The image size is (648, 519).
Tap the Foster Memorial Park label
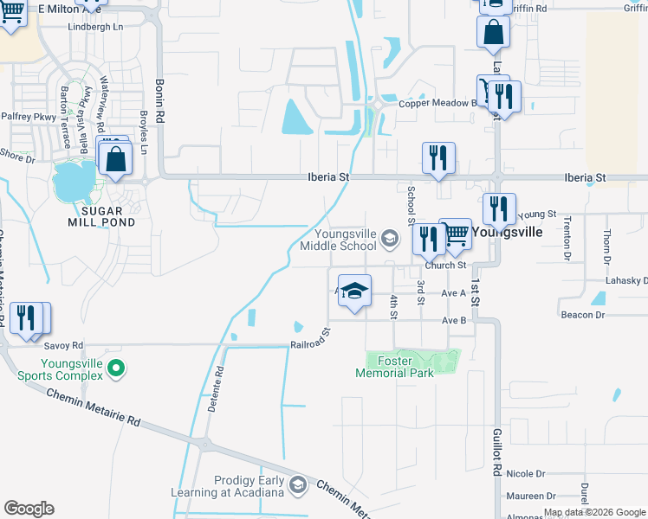[394, 367]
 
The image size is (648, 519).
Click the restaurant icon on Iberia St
[438, 160]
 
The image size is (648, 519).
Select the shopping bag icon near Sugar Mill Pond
[115, 160]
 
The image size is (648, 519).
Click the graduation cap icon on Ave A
[353, 292]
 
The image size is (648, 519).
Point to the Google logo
[29, 509]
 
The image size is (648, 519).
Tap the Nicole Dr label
[526, 474]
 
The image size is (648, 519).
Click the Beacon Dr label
[583, 315]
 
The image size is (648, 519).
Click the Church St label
[446, 266]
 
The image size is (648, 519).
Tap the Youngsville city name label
[507, 232]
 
